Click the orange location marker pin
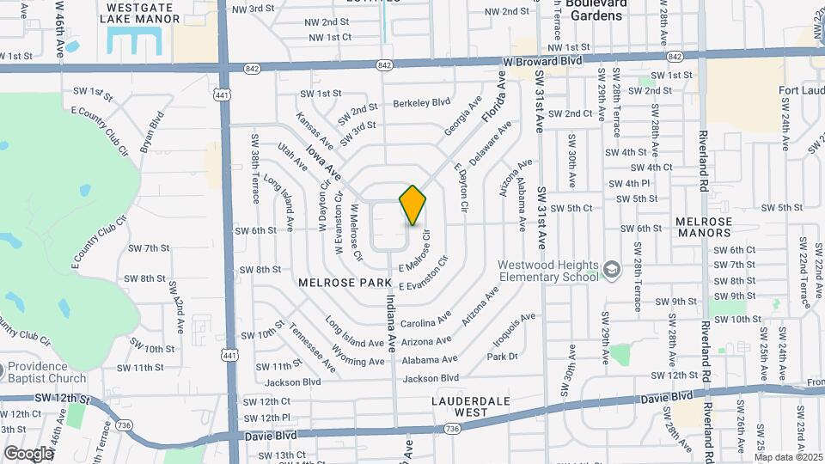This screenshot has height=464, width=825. point(412,205)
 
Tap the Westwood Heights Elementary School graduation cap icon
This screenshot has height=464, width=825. point(611,270)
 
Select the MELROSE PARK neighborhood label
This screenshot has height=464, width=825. point(345,282)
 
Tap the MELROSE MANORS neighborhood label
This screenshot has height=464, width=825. point(704,227)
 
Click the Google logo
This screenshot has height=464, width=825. point(28,453)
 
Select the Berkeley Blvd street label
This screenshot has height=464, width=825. point(422,102)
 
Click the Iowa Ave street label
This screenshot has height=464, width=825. point(323,162)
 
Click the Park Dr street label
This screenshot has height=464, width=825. point(503,356)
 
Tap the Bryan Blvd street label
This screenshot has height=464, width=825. point(150,131)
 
